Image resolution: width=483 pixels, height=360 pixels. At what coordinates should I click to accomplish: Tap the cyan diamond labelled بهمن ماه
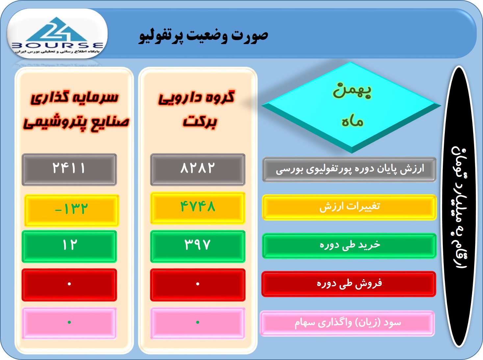click(351, 107)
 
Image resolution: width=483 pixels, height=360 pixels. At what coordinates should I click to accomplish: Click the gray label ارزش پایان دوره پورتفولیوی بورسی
click(349, 169)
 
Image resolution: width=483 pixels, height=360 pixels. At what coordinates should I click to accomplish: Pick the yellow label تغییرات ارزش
click(349, 207)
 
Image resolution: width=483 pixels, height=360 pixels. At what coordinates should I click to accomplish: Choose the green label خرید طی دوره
click(349, 246)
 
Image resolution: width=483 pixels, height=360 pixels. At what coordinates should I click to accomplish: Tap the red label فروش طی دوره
click(349, 284)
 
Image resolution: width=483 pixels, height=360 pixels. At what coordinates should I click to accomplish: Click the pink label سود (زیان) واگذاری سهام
click(347, 323)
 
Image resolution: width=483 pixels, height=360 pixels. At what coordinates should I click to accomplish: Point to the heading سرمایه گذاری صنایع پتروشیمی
click(76, 111)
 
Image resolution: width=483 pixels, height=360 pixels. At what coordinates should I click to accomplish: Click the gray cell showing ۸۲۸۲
click(198, 169)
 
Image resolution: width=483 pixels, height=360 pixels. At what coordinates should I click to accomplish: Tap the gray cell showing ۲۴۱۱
click(69, 169)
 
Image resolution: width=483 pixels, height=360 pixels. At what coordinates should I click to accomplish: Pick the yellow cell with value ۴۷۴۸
click(198, 208)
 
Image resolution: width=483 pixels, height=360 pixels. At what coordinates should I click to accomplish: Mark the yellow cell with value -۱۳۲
click(71, 210)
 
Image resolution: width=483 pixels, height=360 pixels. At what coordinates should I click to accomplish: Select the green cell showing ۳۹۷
click(198, 246)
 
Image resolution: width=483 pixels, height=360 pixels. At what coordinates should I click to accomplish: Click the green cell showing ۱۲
click(69, 246)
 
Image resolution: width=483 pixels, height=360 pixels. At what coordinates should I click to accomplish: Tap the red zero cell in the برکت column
click(198, 285)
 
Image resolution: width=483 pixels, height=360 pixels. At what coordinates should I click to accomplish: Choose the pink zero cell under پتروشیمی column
click(69, 323)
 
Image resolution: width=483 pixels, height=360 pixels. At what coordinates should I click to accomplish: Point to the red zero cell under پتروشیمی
click(69, 285)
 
